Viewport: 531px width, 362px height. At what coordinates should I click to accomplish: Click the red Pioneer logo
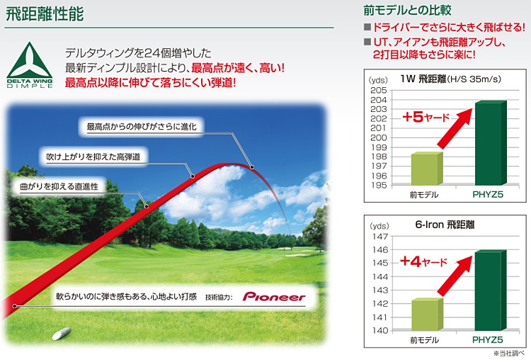tap(274, 297)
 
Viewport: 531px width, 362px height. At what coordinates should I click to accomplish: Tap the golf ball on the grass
tap(62, 333)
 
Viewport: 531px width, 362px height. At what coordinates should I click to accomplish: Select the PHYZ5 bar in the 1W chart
tap(491, 142)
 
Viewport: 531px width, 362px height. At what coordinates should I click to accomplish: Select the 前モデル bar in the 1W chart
tap(427, 169)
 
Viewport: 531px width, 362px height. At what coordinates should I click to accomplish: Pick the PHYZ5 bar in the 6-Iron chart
tap(491, 290)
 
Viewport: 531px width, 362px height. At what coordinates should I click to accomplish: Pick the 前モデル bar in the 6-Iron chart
tap(427, 315)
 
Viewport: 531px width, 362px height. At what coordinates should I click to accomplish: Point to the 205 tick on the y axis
tap(379, 90)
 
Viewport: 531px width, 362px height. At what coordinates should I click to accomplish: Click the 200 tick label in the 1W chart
tap(379, 137)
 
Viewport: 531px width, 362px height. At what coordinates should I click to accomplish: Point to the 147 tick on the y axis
tap(380, 236)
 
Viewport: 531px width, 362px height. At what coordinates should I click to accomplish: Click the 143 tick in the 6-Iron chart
tap(380, 290)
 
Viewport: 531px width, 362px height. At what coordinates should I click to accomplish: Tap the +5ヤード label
tap(426, 117)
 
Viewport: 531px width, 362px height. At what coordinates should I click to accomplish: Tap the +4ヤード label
tap(423, 261)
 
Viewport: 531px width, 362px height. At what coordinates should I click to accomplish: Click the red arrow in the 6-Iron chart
tap(455, 276)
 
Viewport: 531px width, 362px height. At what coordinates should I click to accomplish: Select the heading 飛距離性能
tap(45, 14)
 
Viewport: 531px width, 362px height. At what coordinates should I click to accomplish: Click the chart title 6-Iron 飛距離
tap(445, 225)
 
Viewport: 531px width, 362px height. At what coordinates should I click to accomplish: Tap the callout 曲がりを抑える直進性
tap(59, 186)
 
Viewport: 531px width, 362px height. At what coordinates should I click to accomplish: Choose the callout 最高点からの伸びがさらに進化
tap(142, 127)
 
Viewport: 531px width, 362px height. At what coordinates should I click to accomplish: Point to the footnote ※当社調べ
tap(509, 353)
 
